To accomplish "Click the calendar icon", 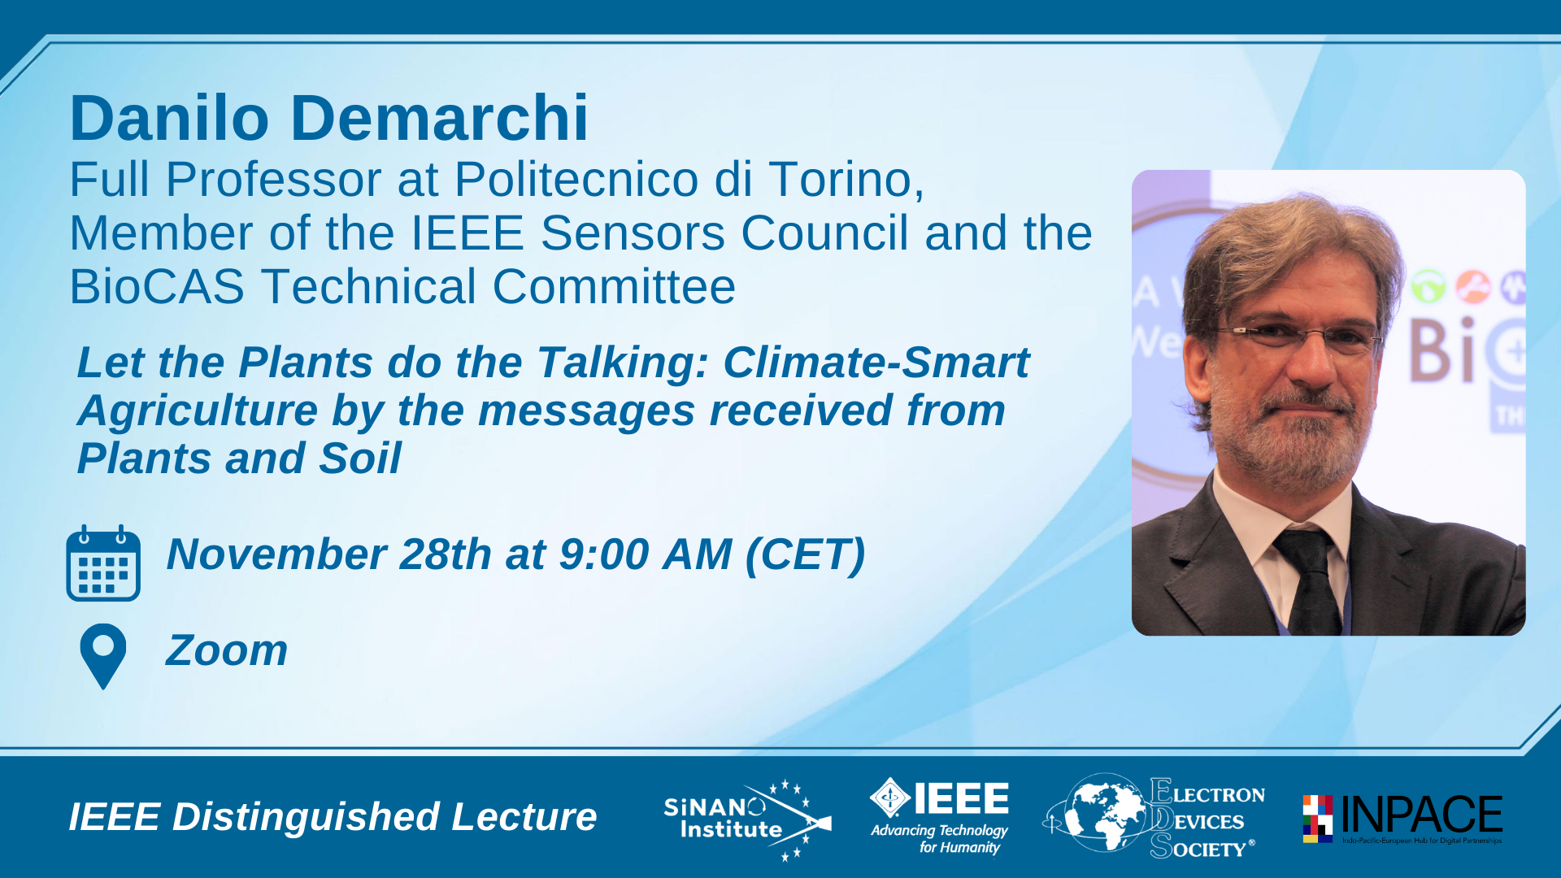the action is point(103,563).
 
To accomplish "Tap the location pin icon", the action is point(103,656).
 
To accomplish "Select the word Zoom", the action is point(227,650).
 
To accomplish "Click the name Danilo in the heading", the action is point(169,118).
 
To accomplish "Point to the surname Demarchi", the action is point(439,118).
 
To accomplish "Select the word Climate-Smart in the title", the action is point(876,363).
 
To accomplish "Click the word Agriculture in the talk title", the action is point(198,411).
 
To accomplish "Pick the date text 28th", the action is point(445,554).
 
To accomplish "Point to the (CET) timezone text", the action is point(805,554).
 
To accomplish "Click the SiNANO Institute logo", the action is point(747,819).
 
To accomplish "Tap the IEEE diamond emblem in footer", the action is point(890,798).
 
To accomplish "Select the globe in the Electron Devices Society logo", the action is point(1104,811).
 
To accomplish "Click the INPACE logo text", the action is point(1421,815).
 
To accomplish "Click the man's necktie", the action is point(1309,581).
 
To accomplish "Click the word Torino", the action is point(846,180).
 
